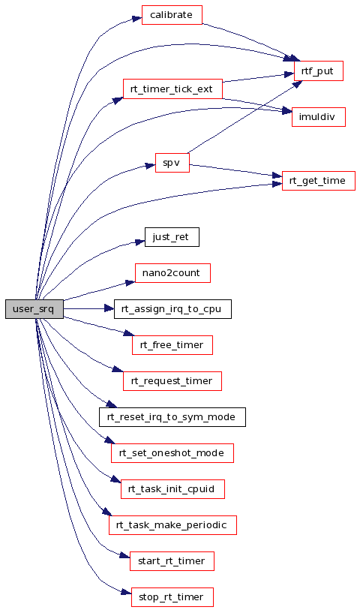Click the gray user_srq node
point(34,309)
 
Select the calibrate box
point(172,15)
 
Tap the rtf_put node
point(319,71)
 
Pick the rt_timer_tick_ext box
point(172,89)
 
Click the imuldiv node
point(319,117)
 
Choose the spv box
point(172,163)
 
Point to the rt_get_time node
point(319,181)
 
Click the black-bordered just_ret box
point(172,237)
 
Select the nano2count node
point(172,272)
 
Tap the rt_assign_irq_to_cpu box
point(172,309)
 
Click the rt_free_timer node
point(172,345)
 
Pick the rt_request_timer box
point(172,381)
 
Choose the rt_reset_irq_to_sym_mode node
point(172,417)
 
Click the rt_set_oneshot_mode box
point(172,453)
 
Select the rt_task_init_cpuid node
point(172,489)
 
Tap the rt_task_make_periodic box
point(172,524)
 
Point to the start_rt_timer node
point(172,561)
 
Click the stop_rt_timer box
point(172,597)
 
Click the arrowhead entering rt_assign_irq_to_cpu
point(109,309)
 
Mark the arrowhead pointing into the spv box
point(151,165)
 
